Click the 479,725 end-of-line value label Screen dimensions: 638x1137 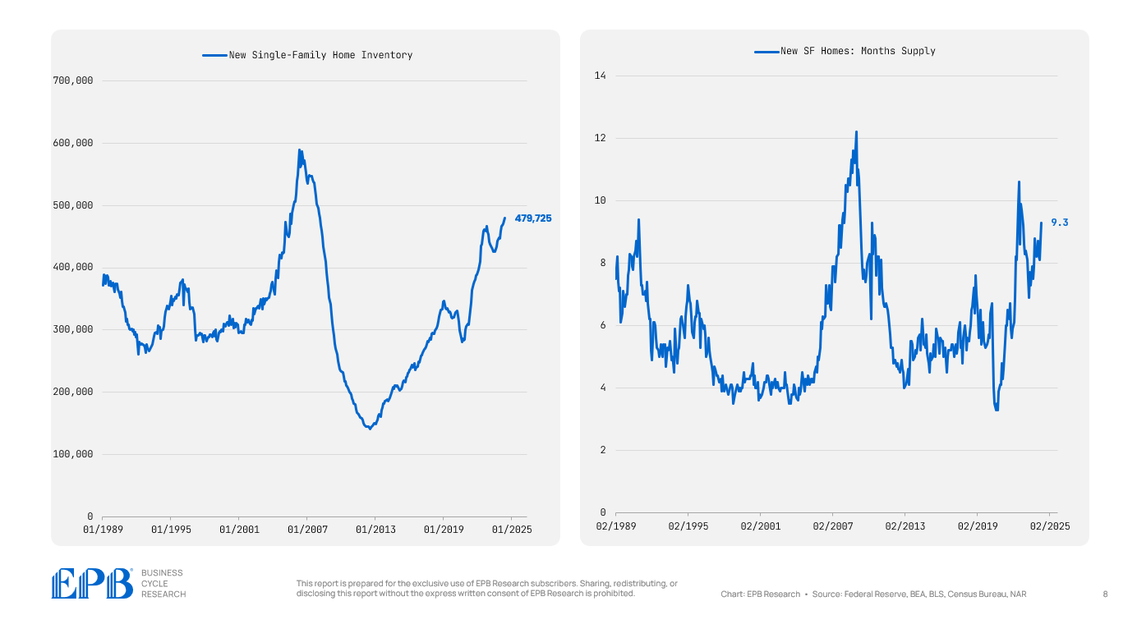533,218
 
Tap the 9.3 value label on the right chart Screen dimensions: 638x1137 1060,223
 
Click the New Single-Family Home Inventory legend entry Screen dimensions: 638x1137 307,55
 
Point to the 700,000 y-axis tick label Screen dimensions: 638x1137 73,80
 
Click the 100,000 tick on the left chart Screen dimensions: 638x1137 73,454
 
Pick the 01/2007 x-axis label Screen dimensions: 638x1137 307,530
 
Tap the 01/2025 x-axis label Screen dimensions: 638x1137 511,530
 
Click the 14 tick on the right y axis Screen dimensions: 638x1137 600,76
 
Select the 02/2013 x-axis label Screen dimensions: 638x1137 905,526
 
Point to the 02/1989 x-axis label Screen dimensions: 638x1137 615,526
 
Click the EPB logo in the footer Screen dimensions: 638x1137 91,583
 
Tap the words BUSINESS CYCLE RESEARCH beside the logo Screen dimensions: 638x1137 163,583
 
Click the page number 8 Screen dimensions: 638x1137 1105,594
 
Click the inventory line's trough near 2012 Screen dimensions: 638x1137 370,429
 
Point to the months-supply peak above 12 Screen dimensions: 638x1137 856,132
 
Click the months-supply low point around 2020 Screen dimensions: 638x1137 997,410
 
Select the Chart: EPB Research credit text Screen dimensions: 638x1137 760,594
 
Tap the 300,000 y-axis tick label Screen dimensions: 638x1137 73,329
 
